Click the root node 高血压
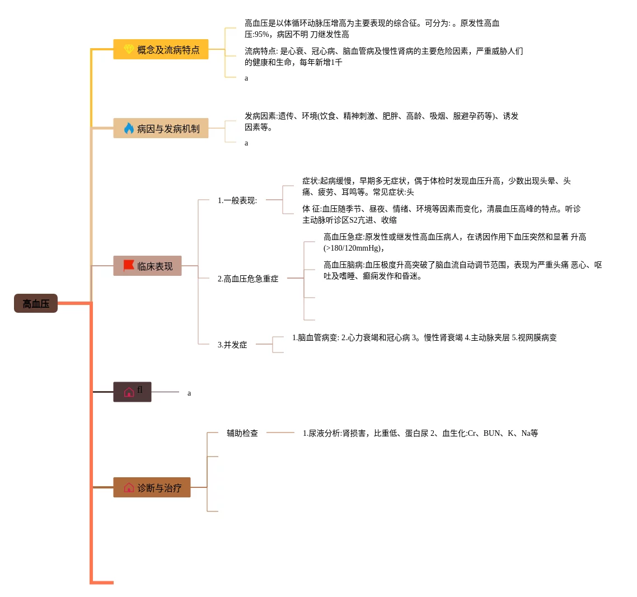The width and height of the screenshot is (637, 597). [36, 303]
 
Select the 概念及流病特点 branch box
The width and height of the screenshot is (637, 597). [161, 50]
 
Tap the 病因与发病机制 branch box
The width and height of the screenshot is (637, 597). [161, 129]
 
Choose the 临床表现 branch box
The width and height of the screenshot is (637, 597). [148, 266]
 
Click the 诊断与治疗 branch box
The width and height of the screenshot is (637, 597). [152, 488]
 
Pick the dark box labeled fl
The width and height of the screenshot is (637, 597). [133, 392]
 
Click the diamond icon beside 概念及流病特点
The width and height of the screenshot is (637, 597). [128, 50]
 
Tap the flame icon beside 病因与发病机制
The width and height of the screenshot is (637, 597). [129, 129]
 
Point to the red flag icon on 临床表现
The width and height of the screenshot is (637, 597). [129, 266]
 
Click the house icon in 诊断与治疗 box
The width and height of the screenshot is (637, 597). [129, 488]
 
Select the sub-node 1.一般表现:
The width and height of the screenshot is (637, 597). [237, 200]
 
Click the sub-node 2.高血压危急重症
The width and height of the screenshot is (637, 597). [248, 279]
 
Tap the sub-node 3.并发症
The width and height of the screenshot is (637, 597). [232, 345]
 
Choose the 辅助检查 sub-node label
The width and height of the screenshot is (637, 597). [242, 433]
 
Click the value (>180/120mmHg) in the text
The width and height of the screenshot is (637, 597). [354, 248]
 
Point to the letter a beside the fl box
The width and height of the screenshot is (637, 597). [189, 393]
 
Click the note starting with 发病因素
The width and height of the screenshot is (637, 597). [381, 121]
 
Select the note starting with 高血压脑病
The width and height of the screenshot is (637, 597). [462, 270]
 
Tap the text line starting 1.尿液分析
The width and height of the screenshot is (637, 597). [420, 433]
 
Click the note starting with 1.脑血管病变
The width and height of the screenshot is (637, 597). [424, 337]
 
